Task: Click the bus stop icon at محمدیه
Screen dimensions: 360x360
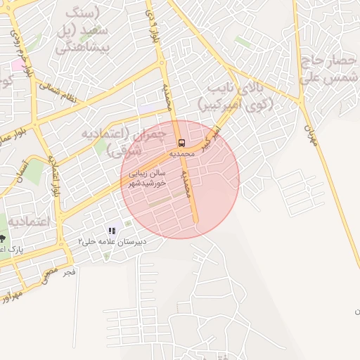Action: (182, 143)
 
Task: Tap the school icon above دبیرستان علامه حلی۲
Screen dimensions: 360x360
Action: (111, 231)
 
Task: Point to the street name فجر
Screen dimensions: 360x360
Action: (68, 271)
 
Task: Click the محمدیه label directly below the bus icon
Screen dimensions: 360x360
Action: (182, 153)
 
